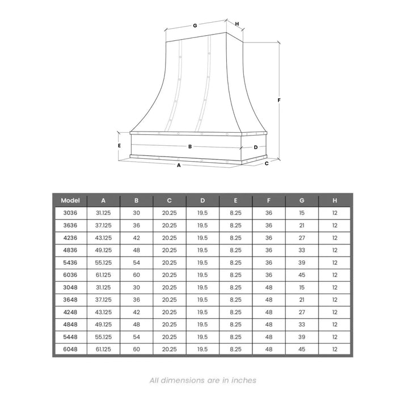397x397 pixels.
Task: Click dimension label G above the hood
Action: pos(195,26)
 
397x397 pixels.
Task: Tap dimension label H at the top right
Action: pos(236,24)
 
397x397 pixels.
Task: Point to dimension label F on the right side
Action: pos(280,100)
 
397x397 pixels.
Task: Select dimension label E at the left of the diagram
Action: pos(119,145)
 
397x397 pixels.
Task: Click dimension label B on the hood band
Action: pos(190,146)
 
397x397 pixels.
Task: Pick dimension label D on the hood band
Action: pos(256,147)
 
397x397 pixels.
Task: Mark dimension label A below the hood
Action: pos(179,165)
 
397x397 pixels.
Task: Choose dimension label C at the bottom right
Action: pos(266,163)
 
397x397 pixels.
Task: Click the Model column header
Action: pos(70,200)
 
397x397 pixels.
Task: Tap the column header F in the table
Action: pos(269,200)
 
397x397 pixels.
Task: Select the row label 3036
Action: pos(70,213)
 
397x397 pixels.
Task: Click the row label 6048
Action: pos(70,349)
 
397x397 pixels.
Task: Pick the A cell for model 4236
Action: pos(103,238)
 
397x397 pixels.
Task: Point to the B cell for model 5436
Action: pos(136,263)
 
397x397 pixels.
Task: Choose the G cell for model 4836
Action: pos(302,250)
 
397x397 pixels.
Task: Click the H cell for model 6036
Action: pos(335,275)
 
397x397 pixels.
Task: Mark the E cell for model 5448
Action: pos(236,337)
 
